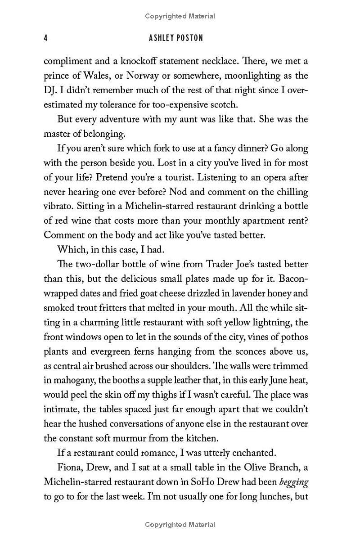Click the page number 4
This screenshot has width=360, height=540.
46,38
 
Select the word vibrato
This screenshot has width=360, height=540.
57,206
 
